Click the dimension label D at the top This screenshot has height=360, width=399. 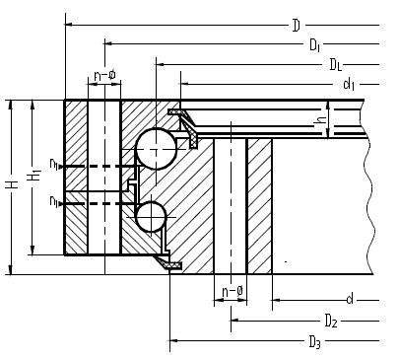click(296, 26)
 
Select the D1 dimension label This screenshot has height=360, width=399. click(314, 45)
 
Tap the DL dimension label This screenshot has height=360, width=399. click(335, 65)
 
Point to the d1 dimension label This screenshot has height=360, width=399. click(349, 84)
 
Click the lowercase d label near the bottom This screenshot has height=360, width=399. click(350, 299)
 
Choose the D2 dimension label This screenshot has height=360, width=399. click(331, 321)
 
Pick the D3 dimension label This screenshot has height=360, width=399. click(314, 342)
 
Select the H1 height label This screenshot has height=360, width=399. click(33, 175)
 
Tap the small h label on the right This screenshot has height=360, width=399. click(320, 119)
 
